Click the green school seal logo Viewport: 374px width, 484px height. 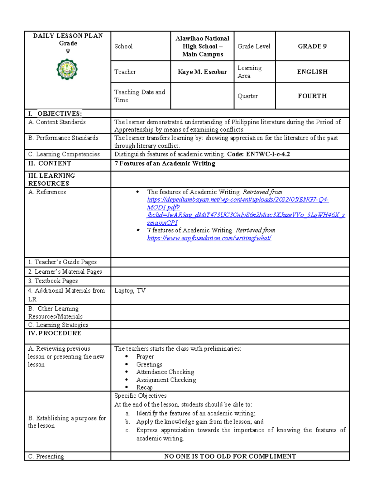click(67, 69)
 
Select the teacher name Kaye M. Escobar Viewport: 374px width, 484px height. click(202, 72)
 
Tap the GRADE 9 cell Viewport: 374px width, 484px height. click(312, 46)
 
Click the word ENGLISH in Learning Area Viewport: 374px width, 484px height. click(312, 72)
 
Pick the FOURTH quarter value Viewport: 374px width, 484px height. click(312, 96)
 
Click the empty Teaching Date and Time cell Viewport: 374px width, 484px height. click(202, 96)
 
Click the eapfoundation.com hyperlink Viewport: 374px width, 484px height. click(209, 238)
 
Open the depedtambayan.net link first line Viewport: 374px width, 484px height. click(238, 200)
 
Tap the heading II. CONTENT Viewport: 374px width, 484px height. click(50, 164)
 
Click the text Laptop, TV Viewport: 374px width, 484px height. click(130, 291)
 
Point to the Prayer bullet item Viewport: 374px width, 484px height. click(145, 357)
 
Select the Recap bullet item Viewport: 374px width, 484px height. click(144, 387)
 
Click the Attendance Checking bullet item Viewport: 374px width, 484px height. click(165, 372)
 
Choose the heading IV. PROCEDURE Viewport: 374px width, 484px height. click(55, 333)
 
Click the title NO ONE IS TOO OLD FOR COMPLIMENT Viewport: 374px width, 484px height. click(230, 456)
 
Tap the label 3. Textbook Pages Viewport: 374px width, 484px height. click(53, 281)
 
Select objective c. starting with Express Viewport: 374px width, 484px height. click(241, 430)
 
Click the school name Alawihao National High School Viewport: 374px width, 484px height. click(202, 46)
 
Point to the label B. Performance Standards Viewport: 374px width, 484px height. click(63, 138)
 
